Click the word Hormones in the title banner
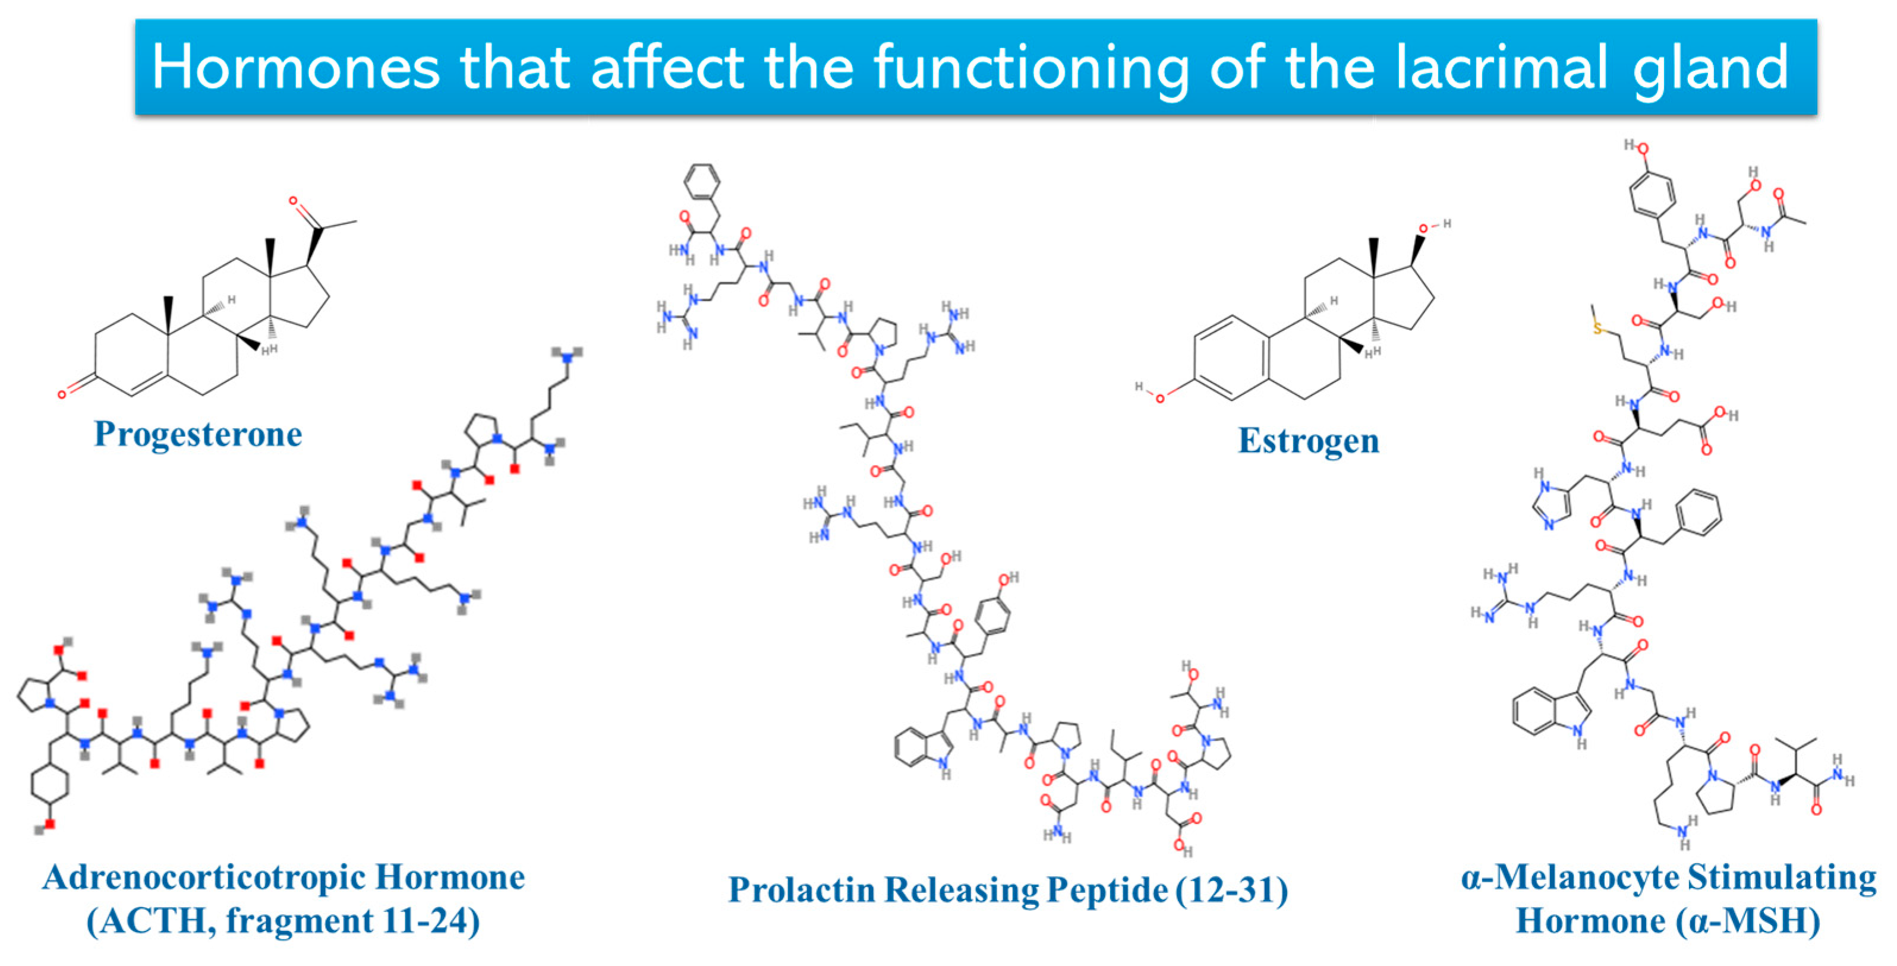coord(295,68)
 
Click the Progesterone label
coord(198,434)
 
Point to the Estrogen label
coord(1309,442)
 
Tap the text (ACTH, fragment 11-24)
coord(283,921)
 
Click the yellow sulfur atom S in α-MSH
coord(1598,327)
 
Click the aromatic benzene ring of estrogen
coord(1231,358)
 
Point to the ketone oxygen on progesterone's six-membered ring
coord(62,394)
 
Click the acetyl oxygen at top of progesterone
coord(293,201)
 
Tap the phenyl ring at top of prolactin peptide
coord(702,181)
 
